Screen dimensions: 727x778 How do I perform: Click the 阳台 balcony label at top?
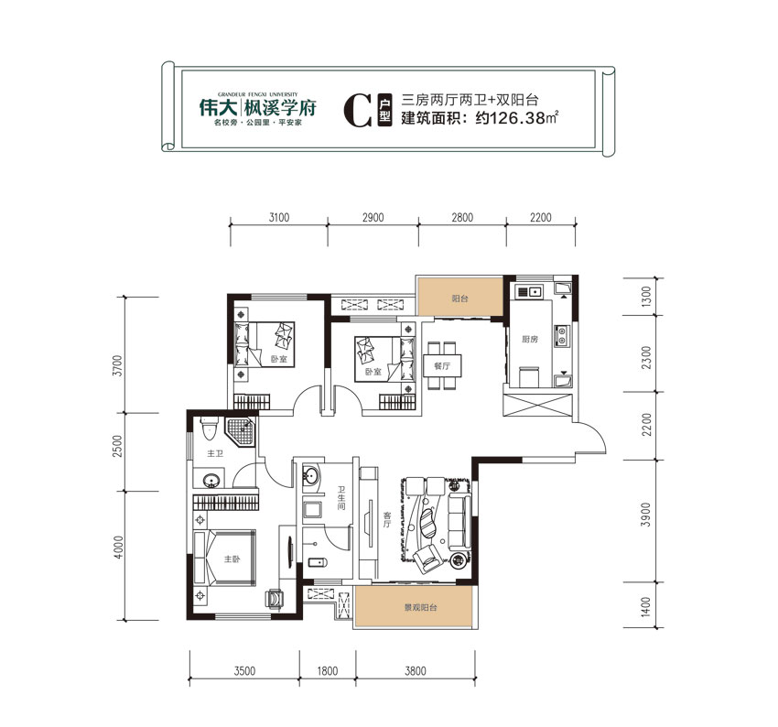point(459,298)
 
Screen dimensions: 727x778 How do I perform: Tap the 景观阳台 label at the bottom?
point(414,607)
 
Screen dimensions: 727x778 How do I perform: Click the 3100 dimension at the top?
point(279,218)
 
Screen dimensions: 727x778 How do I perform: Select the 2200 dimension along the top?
point(542,218)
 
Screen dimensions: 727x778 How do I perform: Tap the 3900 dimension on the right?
point(646,519)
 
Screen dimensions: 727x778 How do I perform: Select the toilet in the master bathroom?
point(208,429)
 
